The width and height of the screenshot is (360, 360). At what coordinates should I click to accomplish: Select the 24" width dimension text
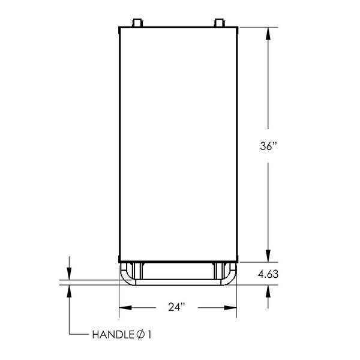pos(176,307)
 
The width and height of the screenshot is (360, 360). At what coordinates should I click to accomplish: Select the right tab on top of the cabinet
pos(218,23)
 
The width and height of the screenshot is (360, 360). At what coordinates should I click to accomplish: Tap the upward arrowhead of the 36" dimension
pos(268,32)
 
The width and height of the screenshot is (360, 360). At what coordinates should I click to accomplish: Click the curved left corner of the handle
pos(126,277)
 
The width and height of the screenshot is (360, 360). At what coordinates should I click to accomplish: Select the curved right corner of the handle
pos(232,277)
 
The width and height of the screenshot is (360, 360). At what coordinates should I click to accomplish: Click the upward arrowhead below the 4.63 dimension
pos(268,290)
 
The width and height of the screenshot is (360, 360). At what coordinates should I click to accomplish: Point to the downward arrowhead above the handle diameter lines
pos(70,274)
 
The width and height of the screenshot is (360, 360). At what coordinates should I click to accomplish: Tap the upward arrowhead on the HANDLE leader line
pos(70,290)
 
